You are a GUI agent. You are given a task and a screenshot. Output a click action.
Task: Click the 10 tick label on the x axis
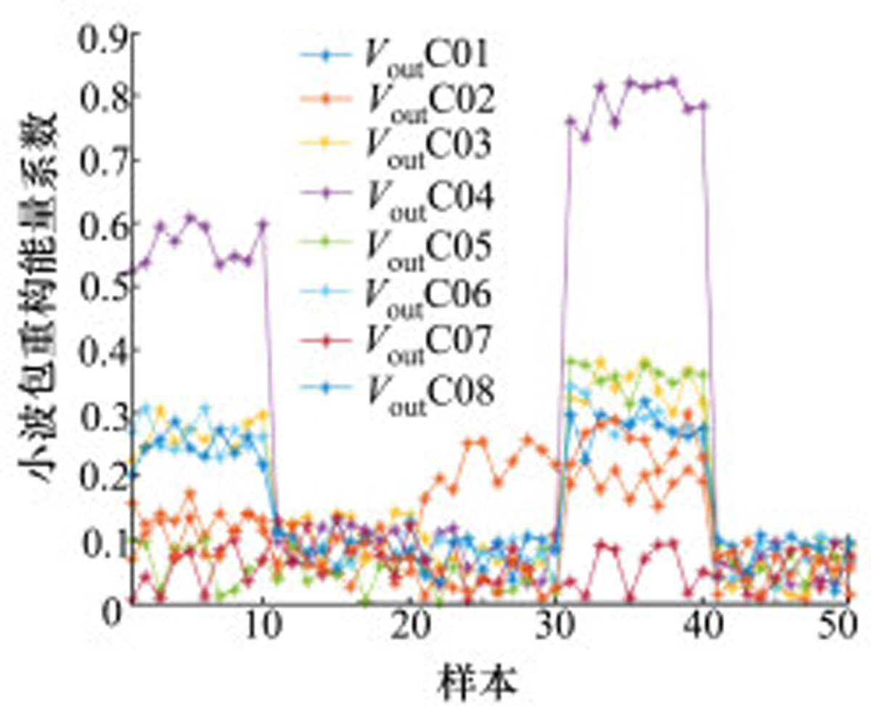[x=263, y=626]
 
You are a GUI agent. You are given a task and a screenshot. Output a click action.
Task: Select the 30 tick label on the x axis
[x=557, y=626]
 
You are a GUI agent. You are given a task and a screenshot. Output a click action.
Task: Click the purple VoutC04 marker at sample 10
[x=263, y=224]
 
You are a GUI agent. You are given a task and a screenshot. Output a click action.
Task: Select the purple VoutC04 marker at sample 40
[x=703, y=106]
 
